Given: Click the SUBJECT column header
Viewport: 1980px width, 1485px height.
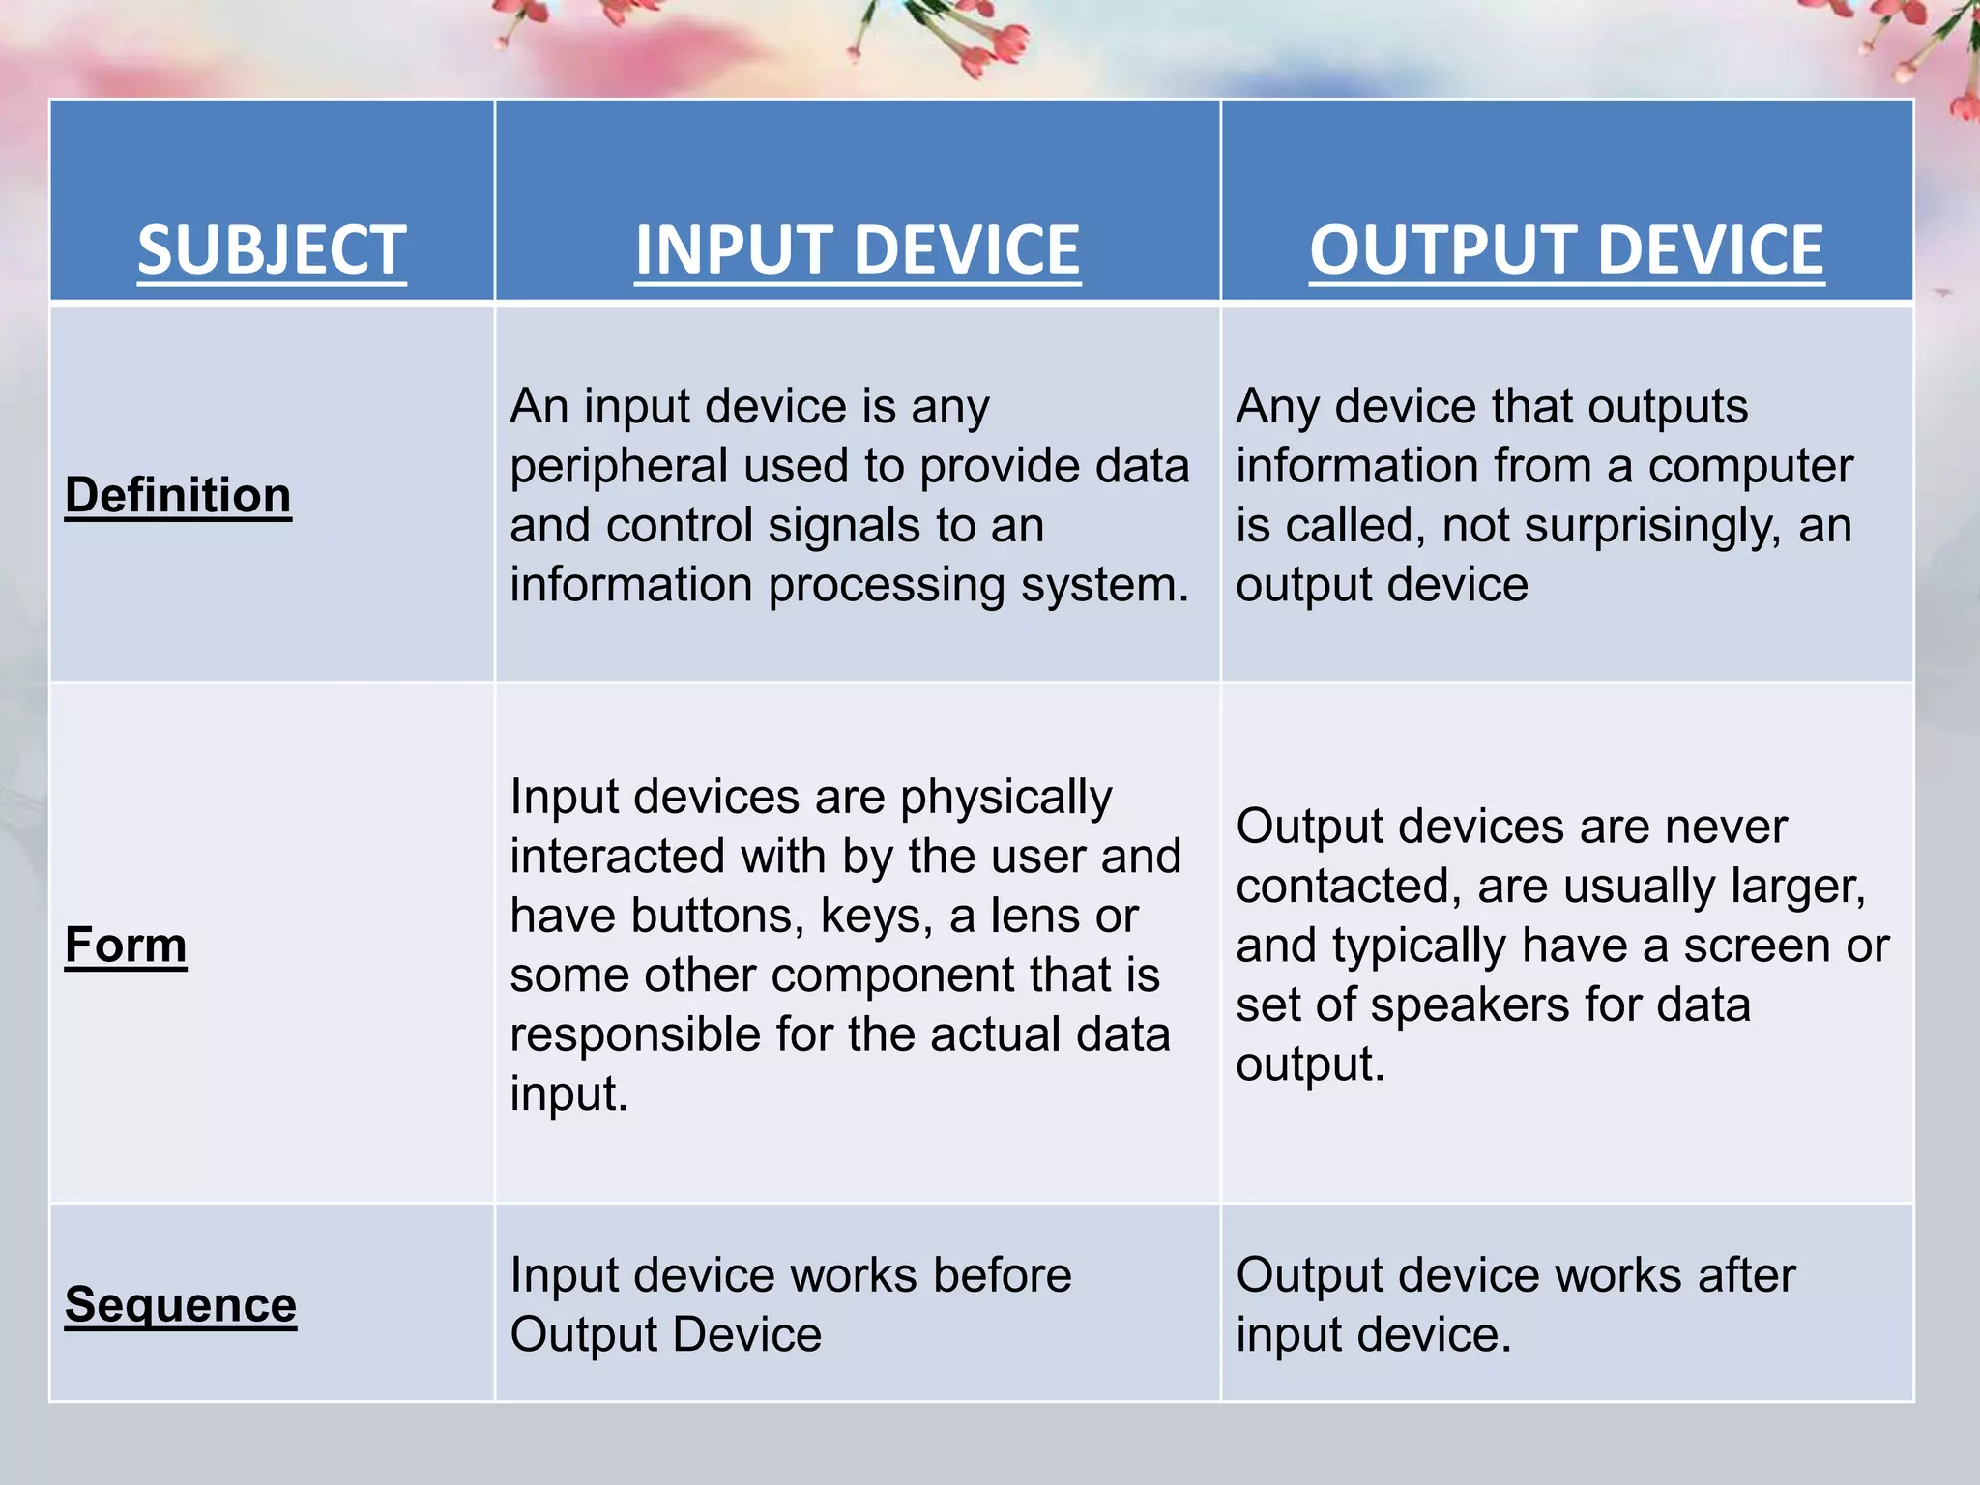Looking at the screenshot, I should pos(272,250).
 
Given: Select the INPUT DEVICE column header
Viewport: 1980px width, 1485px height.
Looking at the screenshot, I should pos(857,250).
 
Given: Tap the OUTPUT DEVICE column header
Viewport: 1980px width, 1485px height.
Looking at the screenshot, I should pos(1566,250).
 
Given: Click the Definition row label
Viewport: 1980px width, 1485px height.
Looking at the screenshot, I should pos(178,495).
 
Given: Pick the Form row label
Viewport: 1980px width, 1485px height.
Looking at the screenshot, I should pos(126,945).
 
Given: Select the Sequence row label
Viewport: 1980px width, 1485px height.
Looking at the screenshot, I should pos(181,1305).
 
